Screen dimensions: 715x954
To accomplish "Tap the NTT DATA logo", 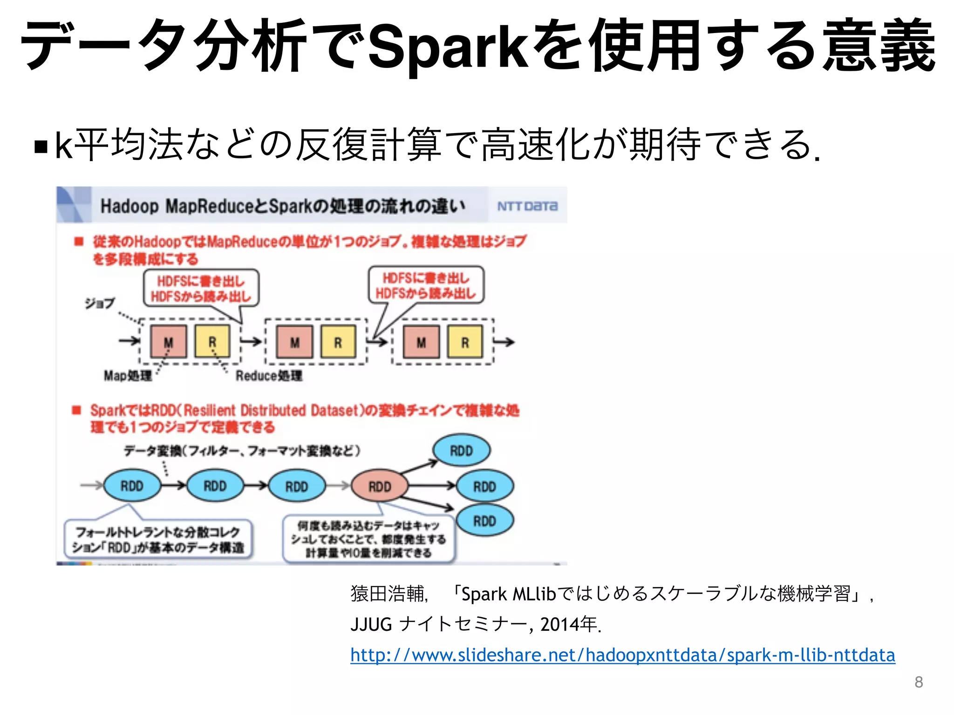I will coord(527,206).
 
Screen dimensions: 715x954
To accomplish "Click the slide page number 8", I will coord(918,682).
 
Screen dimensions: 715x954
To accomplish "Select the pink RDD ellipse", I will coord(379,486).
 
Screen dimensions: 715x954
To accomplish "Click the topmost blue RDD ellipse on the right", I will coord(461,451).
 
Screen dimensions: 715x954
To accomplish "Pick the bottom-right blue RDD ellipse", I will coord(484,521).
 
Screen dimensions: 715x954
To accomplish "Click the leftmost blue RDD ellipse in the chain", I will coord(132,486).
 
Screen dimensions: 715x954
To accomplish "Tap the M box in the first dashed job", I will coord(168,342).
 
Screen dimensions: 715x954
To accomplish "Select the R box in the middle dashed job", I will coord(338,342).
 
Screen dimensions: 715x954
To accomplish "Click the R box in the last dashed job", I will coord(465,342).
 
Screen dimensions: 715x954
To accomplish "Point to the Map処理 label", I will coord(128,376).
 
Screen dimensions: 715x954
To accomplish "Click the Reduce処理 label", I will coord(269,376).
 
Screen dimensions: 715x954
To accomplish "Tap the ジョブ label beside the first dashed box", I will coord(99,304).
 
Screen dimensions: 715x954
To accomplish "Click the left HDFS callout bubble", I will coord(201,289).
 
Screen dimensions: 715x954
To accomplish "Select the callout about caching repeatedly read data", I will coord(368,539).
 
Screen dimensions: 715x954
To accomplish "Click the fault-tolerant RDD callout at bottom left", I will coord(158,539).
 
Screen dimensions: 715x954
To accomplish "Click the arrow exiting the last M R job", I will coord(504,342).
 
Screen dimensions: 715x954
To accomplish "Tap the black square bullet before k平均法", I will coord(41,147).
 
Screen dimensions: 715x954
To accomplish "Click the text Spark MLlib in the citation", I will coord(508,594).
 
